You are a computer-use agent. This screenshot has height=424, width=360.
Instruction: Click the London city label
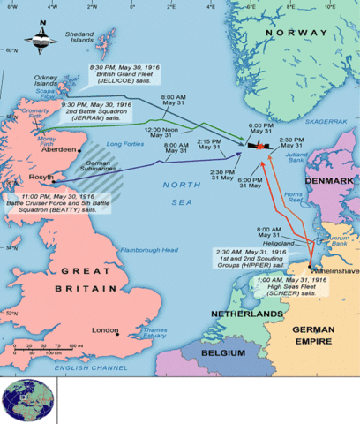click(106, 330)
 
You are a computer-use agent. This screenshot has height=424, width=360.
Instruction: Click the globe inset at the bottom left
click(28, 403)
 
